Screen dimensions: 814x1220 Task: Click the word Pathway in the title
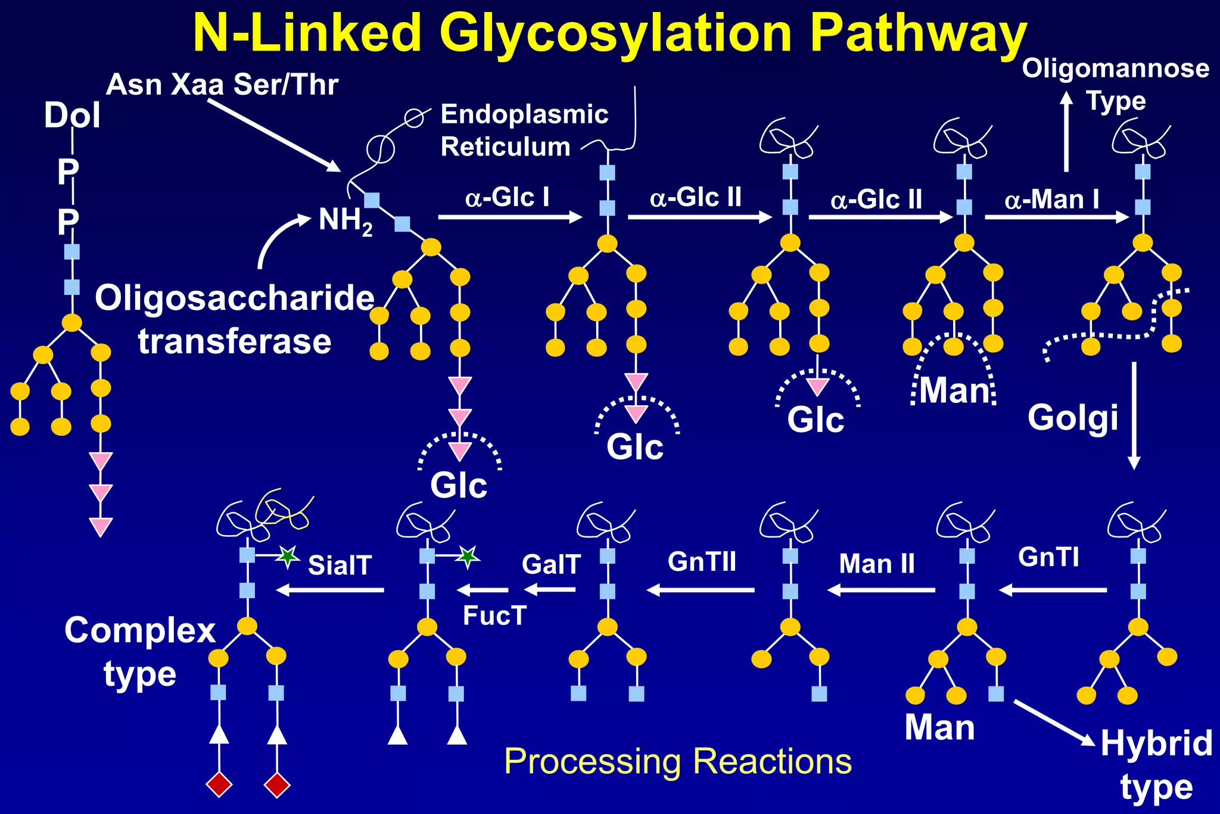point(918,35)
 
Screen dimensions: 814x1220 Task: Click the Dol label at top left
point(72,115)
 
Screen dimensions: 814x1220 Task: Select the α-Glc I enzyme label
point(507,197)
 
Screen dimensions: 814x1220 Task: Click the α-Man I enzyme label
point(1051,200)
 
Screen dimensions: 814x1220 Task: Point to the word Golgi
point(1073,417)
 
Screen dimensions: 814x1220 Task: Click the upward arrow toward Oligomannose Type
point(1066,131)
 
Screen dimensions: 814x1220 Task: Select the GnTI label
point(1048,557)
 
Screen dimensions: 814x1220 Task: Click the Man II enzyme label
point(876,564)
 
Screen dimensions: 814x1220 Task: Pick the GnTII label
point(702,561)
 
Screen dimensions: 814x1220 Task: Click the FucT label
point(494,616)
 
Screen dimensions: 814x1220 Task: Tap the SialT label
point(340,565)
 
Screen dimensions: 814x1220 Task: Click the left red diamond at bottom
point(219,784)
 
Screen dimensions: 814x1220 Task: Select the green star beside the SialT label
point(288,557)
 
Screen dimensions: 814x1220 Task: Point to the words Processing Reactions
point(678,762)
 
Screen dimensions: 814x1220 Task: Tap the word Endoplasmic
point(524,114)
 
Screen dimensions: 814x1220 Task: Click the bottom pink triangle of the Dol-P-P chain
point(101,527)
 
